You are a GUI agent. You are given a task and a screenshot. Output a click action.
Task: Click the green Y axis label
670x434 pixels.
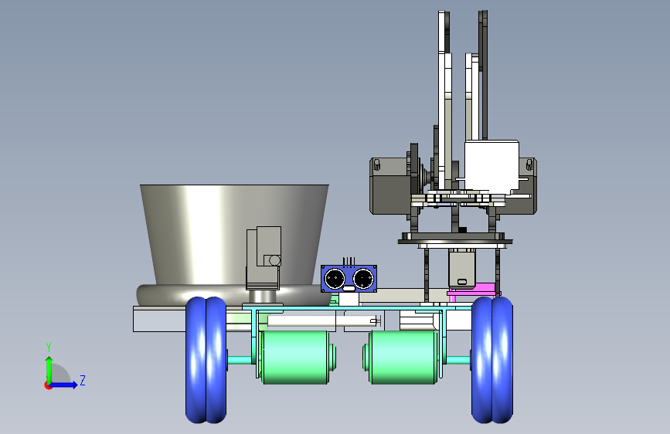[x=49, y=347]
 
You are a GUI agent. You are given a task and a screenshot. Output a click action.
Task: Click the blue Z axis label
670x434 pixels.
[x=83, y=380]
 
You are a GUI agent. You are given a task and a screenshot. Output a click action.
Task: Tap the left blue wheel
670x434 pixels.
[x=206, y=360]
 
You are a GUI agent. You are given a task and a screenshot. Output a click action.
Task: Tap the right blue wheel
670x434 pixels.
[x=491, y=360]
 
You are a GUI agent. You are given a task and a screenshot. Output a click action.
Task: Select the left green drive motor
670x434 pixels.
[x=295, y=357]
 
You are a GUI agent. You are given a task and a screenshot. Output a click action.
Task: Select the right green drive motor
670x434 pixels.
[x=402, y=357]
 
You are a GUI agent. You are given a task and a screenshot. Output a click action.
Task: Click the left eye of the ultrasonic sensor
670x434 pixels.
[x=335, y=279]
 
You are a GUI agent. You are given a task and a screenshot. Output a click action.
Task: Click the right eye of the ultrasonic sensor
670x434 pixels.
[x=363, y=279]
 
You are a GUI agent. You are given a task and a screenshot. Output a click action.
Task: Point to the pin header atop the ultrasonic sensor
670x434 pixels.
[x=349, y=261]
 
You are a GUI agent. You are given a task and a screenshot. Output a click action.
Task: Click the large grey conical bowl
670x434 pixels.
[x=234, y=235]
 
